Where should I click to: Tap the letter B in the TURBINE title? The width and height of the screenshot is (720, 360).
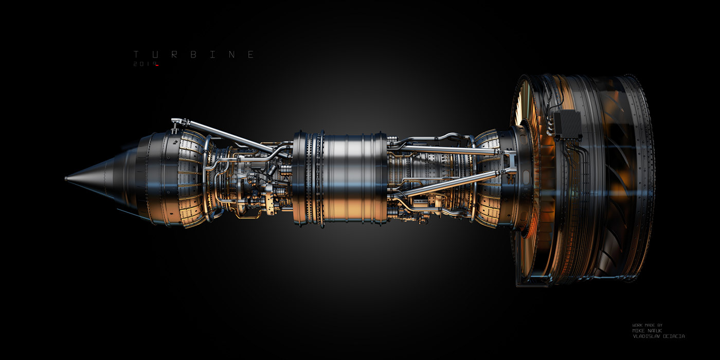coord(193,55)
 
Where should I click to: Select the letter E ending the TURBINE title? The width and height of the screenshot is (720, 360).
coord(251,55)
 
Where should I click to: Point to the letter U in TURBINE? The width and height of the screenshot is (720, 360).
coord(155,55)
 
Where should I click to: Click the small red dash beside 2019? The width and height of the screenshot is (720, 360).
coord(157,65)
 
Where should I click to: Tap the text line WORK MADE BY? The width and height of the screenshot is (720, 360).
coord(647,325)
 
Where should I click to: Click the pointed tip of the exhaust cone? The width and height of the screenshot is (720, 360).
coord(66,179)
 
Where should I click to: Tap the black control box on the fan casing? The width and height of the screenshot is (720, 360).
coord(567,124)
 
